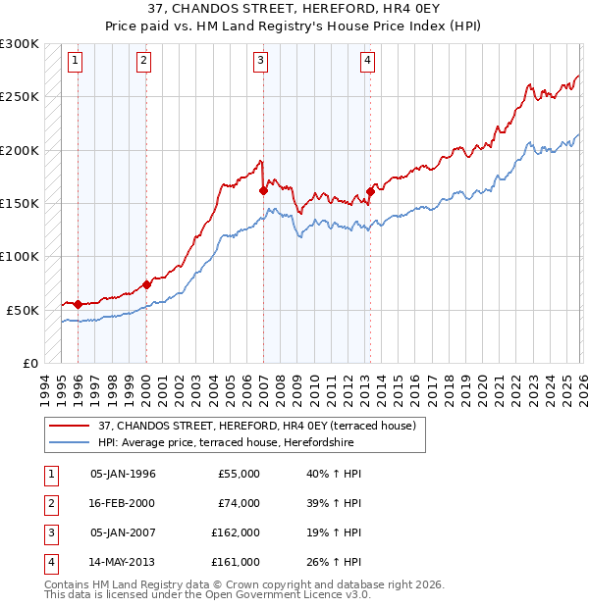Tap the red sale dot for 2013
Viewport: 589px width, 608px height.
point(370,191)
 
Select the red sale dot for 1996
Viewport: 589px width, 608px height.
point(79,304)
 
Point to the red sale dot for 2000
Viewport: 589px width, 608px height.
point(146,284)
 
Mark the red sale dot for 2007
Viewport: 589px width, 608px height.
point(263,191)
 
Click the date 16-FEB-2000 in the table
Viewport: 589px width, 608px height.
point(123,503)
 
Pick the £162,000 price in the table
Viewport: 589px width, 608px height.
point(236,532)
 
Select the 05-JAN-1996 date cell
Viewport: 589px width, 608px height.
point(123,474)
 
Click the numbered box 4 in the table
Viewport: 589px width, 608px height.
point(48,562)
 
